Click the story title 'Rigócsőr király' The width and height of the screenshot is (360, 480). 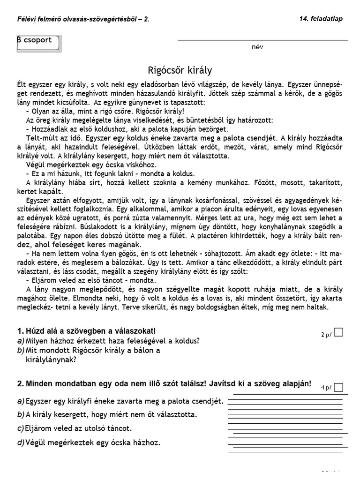[180, 70]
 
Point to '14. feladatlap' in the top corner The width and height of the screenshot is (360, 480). [321, 19]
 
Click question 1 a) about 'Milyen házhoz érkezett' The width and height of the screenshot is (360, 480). [108, 341]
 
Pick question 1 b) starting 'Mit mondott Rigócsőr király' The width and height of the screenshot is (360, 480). [89, 351]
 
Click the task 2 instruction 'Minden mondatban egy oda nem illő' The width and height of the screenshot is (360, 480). [164, 383]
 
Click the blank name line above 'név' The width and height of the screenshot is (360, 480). [262, 41]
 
